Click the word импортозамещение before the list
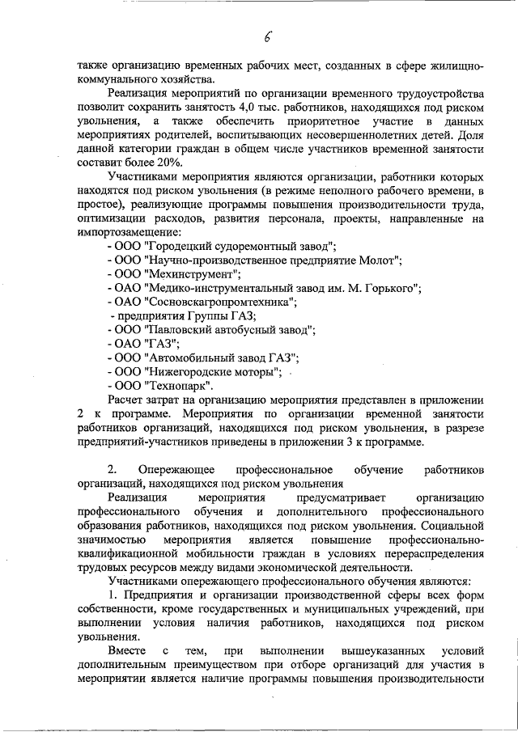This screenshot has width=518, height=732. [x=129, y=231]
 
